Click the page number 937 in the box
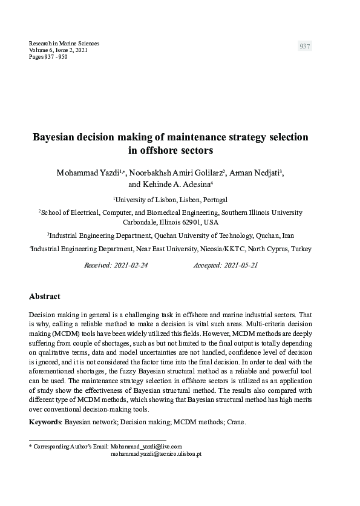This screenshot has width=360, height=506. click(x=305, y=47)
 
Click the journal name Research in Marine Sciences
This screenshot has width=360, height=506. click(x=64, y=44)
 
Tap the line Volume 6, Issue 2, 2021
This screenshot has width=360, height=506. click(x=58, y=50)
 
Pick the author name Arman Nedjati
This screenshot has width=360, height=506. click(x=254, y=173)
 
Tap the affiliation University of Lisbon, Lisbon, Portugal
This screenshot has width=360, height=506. click(x=171, y=199)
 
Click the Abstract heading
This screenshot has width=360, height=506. click(x=45, y=297)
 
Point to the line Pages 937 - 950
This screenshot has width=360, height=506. click(x=48, y=57)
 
